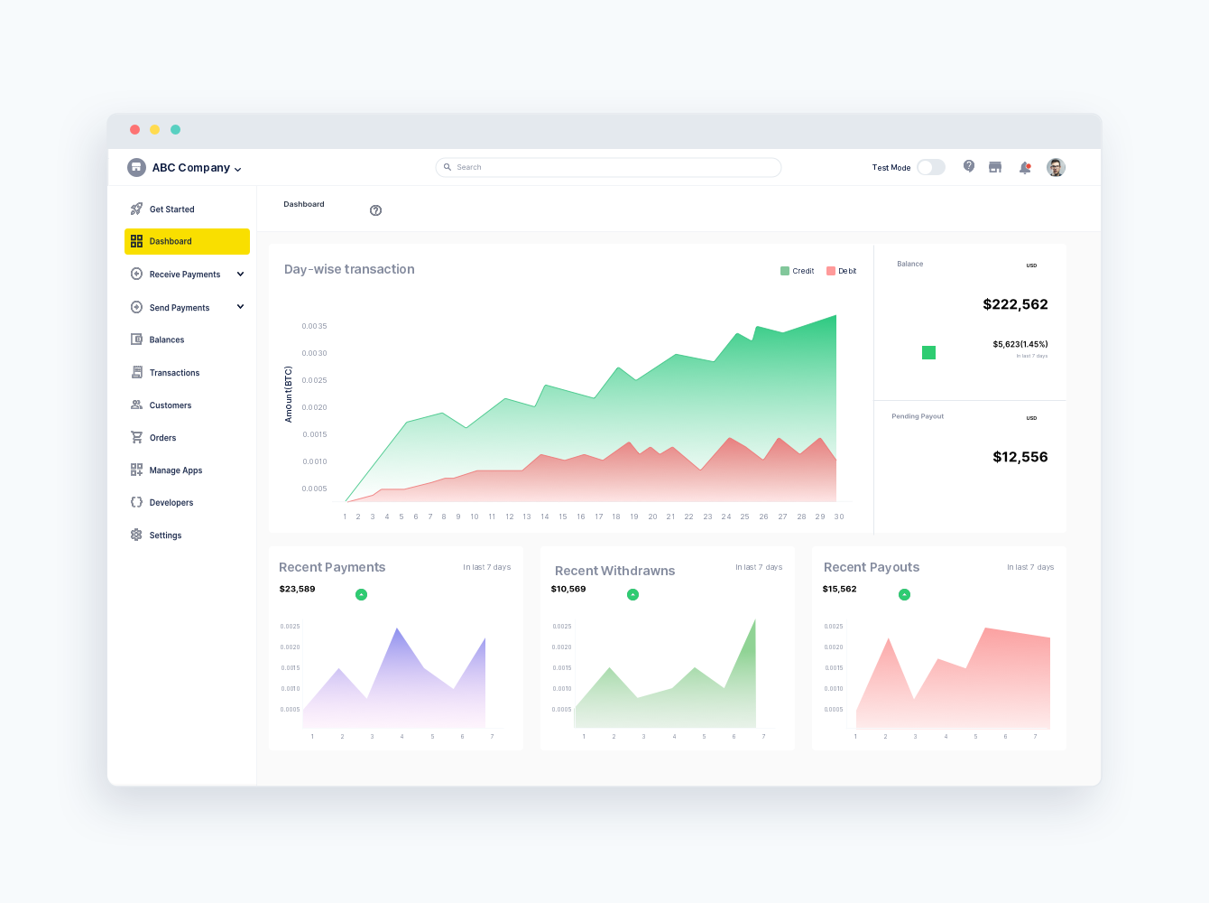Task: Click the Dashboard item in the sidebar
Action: coord(171,241)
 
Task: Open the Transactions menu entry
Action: coord(174,373)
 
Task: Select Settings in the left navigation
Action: coord(165,535)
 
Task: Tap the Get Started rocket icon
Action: coord(136,209)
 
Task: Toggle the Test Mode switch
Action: coord(930,167)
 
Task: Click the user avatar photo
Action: coord(1056,167)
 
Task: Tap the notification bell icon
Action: coord(1025,168)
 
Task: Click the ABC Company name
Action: coord(190,168)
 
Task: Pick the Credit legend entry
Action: coord(798,271)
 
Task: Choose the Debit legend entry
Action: coord(842,271)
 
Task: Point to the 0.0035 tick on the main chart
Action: coord(315,326)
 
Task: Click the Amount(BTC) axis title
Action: coord(289,394)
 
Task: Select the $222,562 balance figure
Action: coord(1015,304)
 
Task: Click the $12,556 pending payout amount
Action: coord(1020,457)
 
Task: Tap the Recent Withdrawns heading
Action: coord(614,571)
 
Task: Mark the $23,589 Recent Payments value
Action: coord(298,589)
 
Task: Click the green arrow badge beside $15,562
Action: coord(904,594)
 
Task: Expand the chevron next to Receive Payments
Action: coord(240,274)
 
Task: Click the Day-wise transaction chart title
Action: coord(349,269)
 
